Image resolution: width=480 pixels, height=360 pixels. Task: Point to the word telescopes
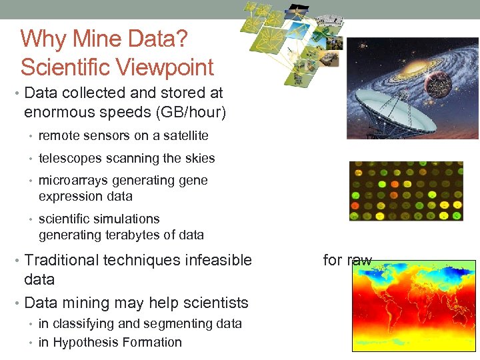tap(71, 159)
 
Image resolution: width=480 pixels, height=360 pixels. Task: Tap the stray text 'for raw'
tap(347, 260)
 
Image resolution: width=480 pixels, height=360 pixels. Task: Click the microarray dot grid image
tap(405, 191)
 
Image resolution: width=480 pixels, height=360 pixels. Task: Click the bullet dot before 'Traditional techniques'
tap(17, 261)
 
